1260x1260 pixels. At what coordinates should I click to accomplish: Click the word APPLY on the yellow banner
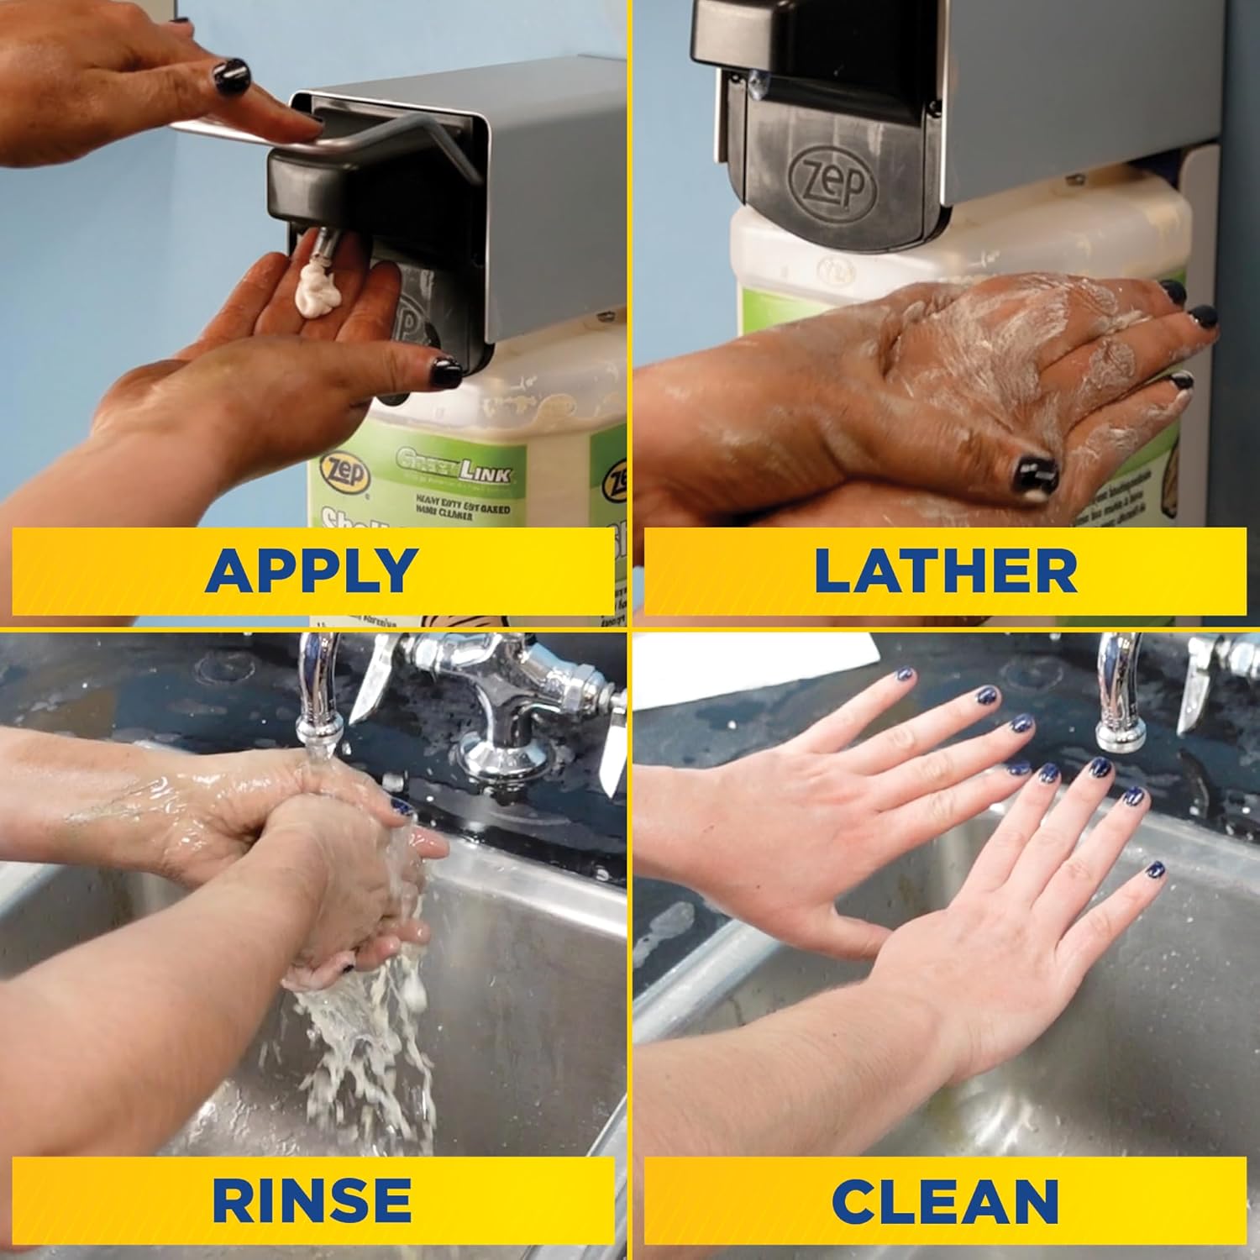tap(311, 570)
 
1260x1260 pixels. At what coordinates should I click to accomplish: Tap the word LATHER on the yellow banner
tap(945, 570)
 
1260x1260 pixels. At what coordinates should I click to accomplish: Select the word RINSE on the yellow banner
tap(312, 1200)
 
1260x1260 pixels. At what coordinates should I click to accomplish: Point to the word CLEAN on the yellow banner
tap(945, 1200)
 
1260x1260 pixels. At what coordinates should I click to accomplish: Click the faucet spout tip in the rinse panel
tap(323, 730)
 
